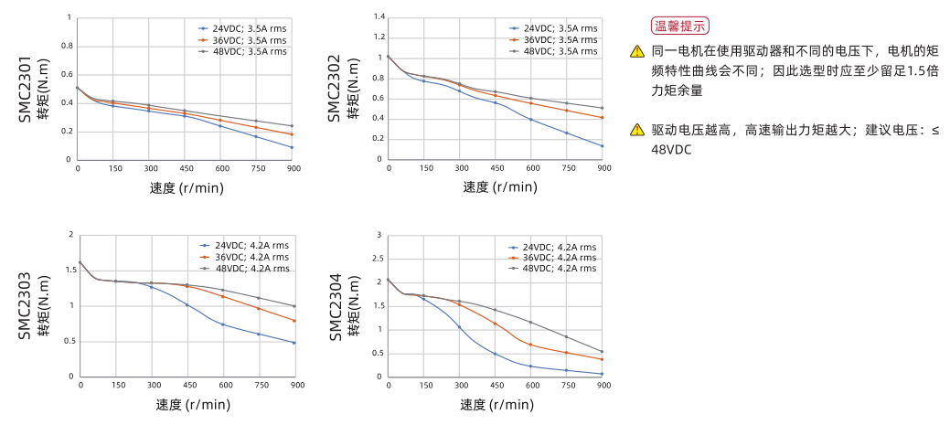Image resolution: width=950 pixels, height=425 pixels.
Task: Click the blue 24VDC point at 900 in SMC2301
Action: pos(292,147)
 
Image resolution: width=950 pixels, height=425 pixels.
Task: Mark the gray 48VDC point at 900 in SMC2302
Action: pos(603,108)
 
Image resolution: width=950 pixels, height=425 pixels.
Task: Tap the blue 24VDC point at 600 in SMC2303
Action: pos(222,324)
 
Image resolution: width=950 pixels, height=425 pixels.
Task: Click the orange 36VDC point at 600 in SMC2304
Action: pos(530,345)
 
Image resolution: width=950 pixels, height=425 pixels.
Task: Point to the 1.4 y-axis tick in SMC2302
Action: pos(379,17)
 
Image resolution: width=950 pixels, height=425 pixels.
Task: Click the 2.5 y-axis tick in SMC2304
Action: pos(378,259)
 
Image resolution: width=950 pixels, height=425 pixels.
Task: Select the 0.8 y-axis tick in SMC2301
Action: pos(67,46)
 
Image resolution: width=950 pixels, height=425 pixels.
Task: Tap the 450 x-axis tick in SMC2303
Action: pos(187,385)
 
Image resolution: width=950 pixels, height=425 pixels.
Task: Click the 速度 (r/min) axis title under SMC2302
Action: pos(499,187)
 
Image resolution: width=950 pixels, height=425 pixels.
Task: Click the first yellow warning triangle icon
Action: pos(637,52)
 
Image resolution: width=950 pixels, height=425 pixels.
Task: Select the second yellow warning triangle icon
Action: pos(637,130)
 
